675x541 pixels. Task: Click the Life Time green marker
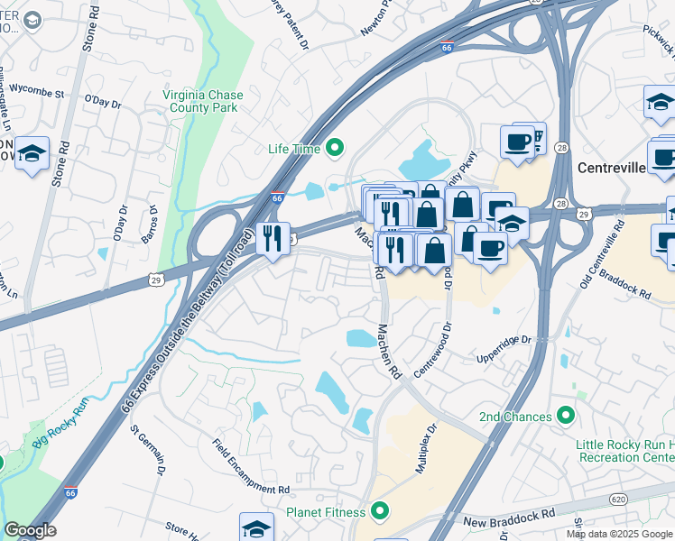pyautogui.click(x=335, y=148)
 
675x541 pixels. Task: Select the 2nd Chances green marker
pyautogui.click(x=566, y=416)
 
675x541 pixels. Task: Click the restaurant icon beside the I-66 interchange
pyautogui.click(x=273, y=238)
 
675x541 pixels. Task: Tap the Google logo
pyautogui.click(x=30, y=530)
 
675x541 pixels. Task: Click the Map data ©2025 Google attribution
pyautogui.click(x=619, y=534)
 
